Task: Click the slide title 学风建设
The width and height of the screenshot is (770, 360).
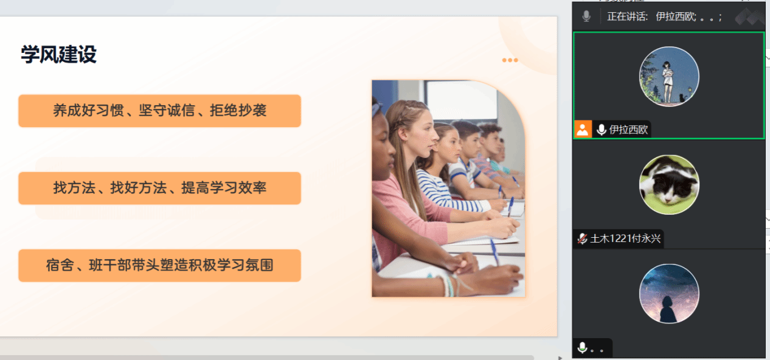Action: point(59,54)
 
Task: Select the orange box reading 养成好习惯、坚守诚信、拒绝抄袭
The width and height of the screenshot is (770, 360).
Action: point(160,111)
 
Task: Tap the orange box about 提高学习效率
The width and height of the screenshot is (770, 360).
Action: point(160,188)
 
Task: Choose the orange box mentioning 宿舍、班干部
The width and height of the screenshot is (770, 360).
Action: point(160,266)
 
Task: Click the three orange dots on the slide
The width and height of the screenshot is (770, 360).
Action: point(510,60)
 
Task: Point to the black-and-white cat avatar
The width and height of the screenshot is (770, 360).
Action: point(669,185)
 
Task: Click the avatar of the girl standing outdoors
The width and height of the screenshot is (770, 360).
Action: point(669,77)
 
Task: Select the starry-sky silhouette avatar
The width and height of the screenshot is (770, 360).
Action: point(669,294)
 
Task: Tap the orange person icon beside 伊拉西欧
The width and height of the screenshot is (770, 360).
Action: point(583,130)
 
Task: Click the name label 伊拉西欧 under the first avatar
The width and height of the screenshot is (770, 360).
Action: point(628,130)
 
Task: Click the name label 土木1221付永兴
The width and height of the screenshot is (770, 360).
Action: point(625,238)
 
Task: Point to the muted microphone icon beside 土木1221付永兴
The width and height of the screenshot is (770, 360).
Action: point(582,238)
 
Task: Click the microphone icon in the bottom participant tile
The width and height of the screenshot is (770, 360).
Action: point(582,348)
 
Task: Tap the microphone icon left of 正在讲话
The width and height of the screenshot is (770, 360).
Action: point(586,16)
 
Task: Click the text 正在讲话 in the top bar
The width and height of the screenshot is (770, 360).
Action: point(627,16)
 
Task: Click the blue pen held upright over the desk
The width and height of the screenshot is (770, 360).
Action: point(510,206)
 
